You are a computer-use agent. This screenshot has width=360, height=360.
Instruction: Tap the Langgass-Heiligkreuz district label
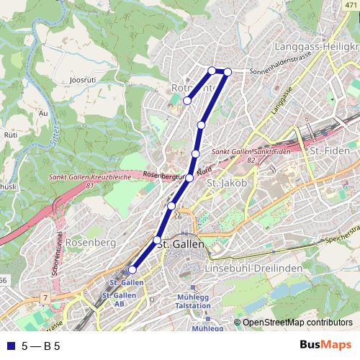point(315,46)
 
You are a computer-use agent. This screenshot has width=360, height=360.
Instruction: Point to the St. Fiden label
point(329,150)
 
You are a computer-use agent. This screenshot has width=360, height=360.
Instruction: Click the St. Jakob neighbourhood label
point(227,184)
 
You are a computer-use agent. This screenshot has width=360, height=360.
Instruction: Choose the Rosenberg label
point(90,243)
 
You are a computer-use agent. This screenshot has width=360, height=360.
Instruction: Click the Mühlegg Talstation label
point(192,301)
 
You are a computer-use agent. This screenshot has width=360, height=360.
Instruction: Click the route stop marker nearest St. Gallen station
point(132,270)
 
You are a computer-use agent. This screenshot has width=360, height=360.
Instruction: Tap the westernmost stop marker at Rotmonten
point(187,101)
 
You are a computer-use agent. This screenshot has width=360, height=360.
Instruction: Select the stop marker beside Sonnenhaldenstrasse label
point(228,71)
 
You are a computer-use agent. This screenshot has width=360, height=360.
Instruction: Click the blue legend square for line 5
point(10,346)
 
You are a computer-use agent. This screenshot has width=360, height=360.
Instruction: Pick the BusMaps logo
point(325,345)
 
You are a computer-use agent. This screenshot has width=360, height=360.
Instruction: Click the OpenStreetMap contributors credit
point(296,323)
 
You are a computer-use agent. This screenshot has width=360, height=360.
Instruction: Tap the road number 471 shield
point(351,5)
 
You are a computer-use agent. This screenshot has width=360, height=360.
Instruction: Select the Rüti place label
point(11,134)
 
